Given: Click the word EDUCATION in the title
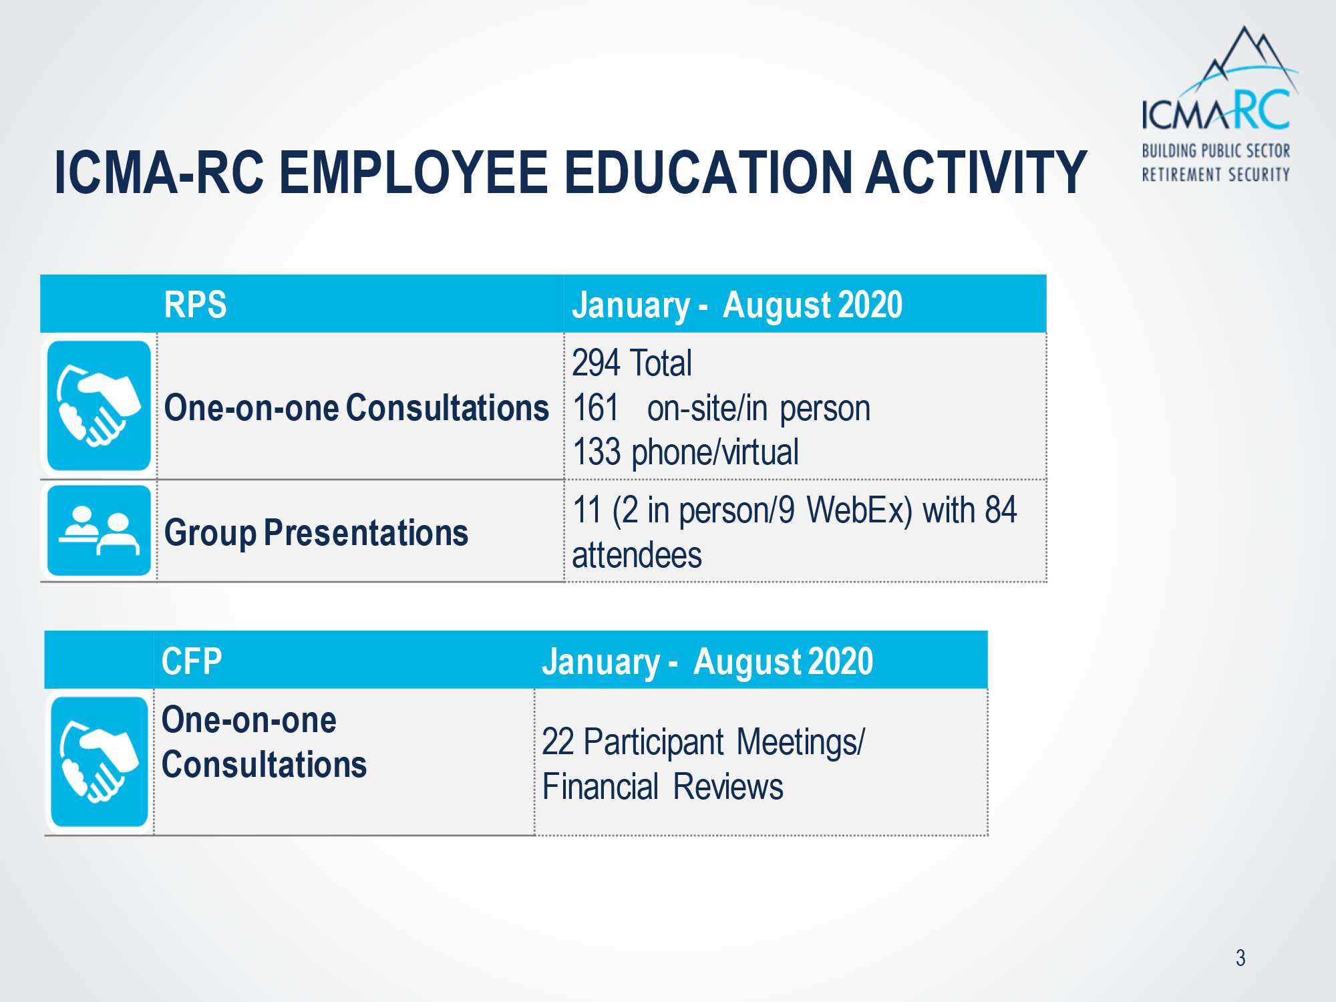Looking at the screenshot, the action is click(x=708, y=172).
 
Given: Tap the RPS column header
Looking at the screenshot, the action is click(x=195, y=305).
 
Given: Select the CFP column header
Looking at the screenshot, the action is click(x=192, y=661).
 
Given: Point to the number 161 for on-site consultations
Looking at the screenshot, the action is click(x=595, y=407).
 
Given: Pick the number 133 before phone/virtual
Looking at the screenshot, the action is click(x=597, y=452).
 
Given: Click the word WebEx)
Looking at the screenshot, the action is click(x=859, y=511).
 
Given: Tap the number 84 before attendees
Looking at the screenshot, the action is click(x=1001, y=510).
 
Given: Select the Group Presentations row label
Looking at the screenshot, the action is click(x=316, y=533).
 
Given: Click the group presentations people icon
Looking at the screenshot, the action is click(x=99, y=531).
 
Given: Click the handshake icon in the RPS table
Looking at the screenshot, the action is click(x=99, y=406).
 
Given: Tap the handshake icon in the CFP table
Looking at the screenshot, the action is click(x=100, y=762).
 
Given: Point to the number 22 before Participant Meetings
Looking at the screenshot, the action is click(x=558, y=741).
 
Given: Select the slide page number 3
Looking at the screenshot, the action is click(x=1240, y=958).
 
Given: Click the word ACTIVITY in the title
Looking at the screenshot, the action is click(x=976, y=172).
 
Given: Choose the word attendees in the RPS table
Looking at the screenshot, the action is click(x=637, y=555).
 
